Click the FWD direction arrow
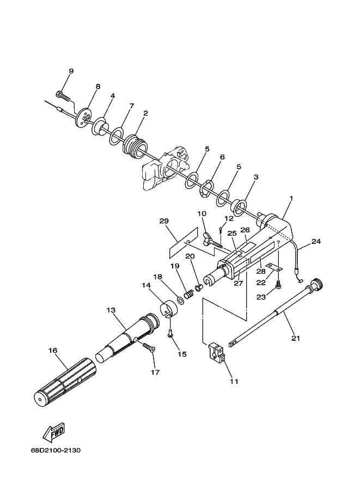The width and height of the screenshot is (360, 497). [x=54, y=432]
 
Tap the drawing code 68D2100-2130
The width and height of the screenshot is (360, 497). [x=56, y=450]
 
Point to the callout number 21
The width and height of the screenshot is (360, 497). [x=296, y=338]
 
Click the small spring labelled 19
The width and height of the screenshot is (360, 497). [x=190, y=294]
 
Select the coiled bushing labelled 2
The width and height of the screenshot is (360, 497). [x=135, y=146]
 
